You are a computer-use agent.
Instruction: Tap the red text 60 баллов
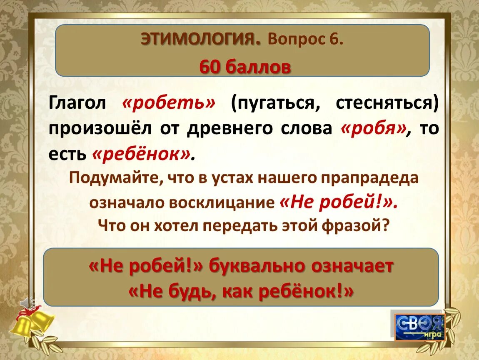click(245, 67)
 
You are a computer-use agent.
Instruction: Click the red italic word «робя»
click(373, 129)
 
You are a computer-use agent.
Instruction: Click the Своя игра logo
click(419, 326)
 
